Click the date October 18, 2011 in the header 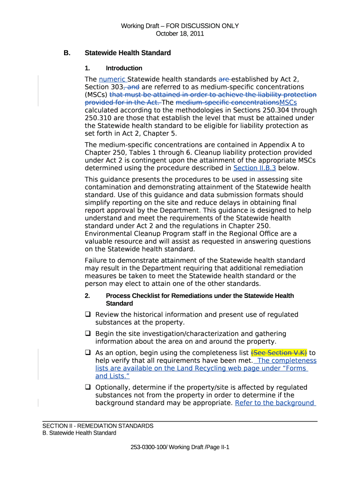(x=180, y=34)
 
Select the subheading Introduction (x=124, y=68)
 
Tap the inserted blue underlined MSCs (x=288, y=102)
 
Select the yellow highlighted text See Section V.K (x=279, y=353)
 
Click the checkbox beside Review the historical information (x=88, y=315)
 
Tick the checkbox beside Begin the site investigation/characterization (x=88, y=334)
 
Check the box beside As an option (x=88, y=353)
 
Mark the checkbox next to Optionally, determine (x=88, y=387)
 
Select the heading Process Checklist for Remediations (x=200, y=296)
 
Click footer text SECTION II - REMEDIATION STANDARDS (x=98, y=426)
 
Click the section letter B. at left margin (x=67, y=53)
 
